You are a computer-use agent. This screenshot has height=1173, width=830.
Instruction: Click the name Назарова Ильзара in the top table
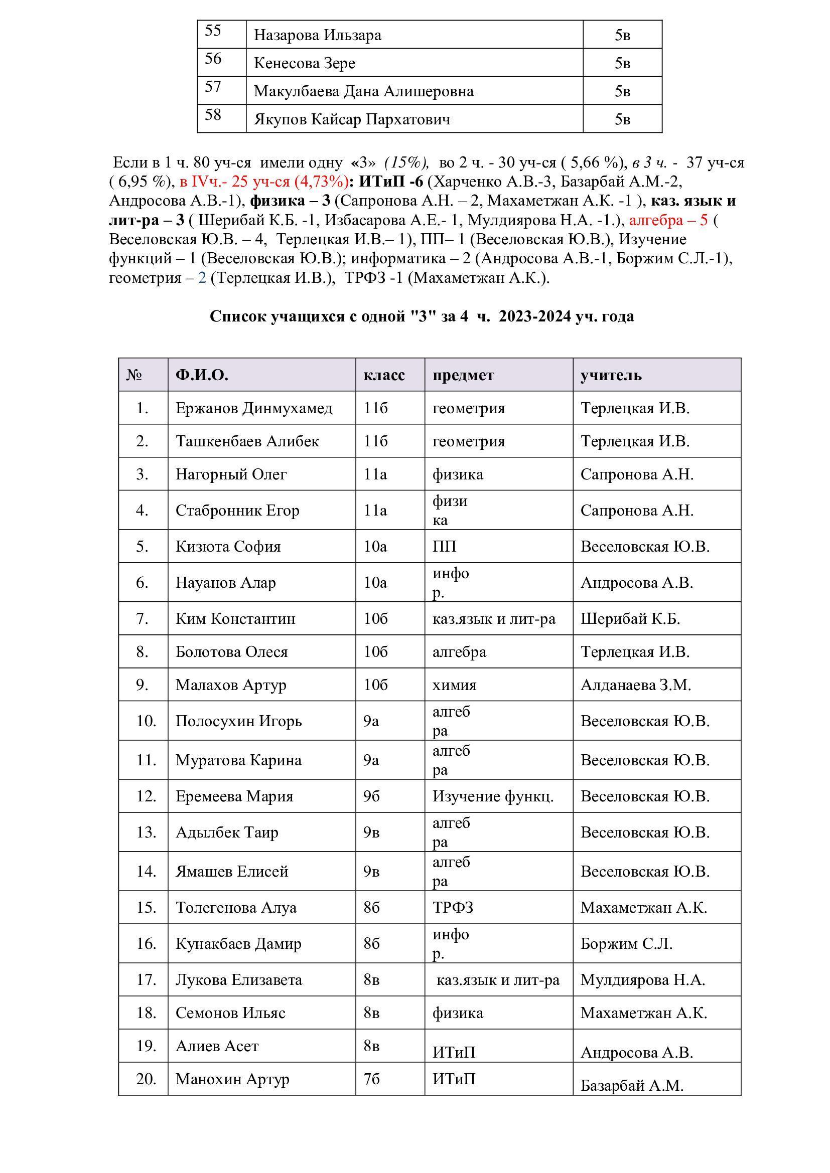click(x=317, y=35)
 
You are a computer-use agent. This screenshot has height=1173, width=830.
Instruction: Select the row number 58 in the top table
click(x=213, y=115)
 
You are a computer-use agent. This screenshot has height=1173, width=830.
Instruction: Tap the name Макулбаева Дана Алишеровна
click(x=363, y=91)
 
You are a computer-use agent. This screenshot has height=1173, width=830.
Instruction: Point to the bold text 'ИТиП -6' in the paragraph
click(x=391, y=182)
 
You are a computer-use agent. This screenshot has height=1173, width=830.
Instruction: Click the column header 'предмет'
click(x=463, y=376)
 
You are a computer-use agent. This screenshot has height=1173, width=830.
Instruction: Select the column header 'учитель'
click(x=611, y=376)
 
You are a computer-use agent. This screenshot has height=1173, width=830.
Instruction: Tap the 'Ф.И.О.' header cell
click(x=202, y=376)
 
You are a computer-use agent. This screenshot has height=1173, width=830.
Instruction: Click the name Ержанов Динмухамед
click(x=254, y=408)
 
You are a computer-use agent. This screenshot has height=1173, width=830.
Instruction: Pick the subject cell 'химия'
click(x=454, y=685)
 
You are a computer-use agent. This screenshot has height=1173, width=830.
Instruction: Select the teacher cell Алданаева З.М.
click(x=635, y=685)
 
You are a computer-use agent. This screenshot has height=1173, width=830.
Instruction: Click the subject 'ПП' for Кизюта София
click(x=444, y=547)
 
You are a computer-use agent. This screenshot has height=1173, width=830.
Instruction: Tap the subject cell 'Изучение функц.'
click(x=493, y=796)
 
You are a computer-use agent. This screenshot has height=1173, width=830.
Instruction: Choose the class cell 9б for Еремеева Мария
click(x=371, y=796)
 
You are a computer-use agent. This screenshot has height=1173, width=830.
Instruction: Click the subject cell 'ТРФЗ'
click(x=453, y=907)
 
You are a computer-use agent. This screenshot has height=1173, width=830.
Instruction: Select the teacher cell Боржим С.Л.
click(x=626, y=944)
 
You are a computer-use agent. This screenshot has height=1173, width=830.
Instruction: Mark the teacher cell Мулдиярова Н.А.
click(x=642, y=979)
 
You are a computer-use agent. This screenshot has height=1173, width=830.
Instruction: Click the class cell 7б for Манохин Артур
click(x=371, y=1079)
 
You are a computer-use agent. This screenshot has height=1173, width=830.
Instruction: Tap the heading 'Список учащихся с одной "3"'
click(x=422, y=316)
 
